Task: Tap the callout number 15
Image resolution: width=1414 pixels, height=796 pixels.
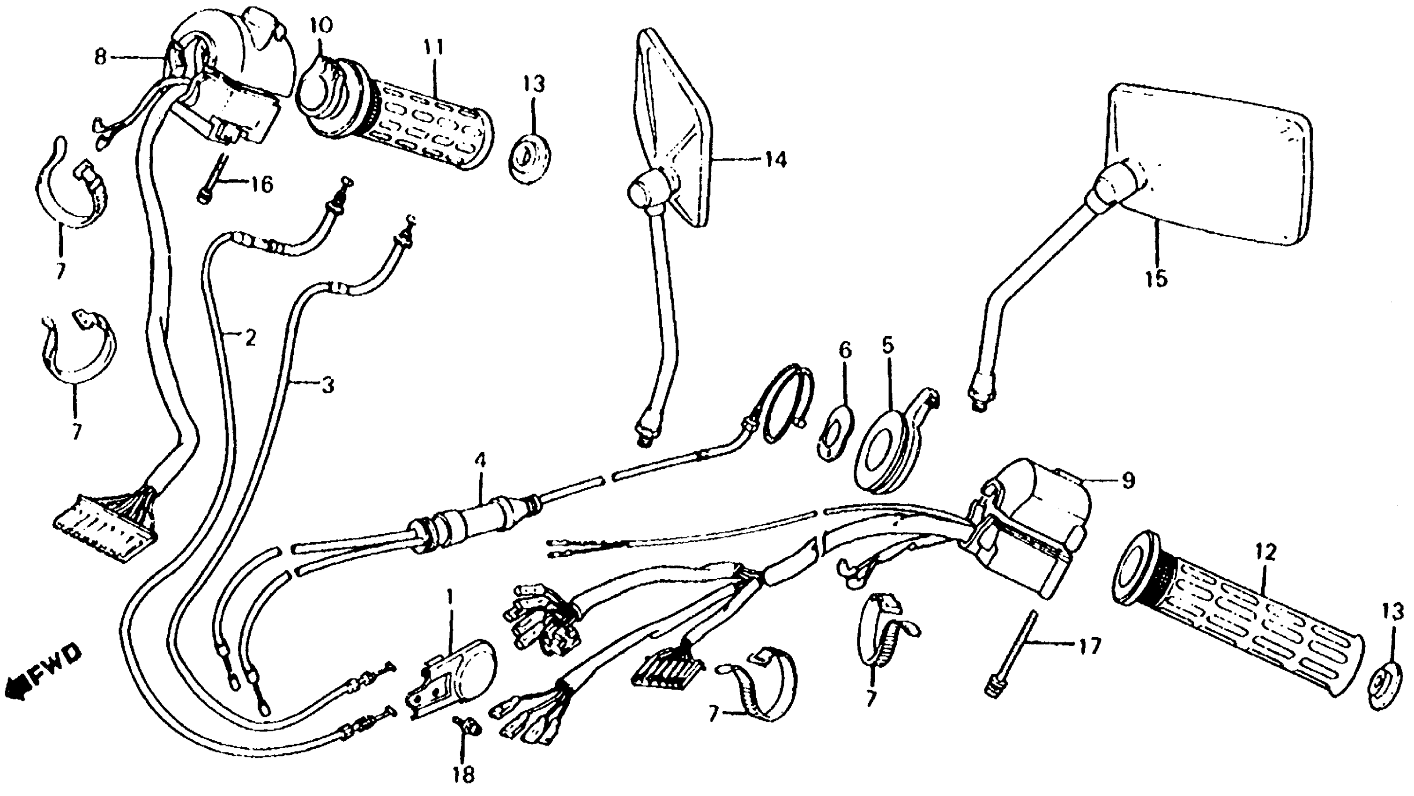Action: click(1155, 279)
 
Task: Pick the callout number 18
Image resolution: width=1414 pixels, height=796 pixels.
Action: click(464, 774)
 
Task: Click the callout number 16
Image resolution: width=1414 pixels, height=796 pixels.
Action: click(262, 185)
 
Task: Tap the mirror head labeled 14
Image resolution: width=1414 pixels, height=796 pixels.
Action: click(675, 126)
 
